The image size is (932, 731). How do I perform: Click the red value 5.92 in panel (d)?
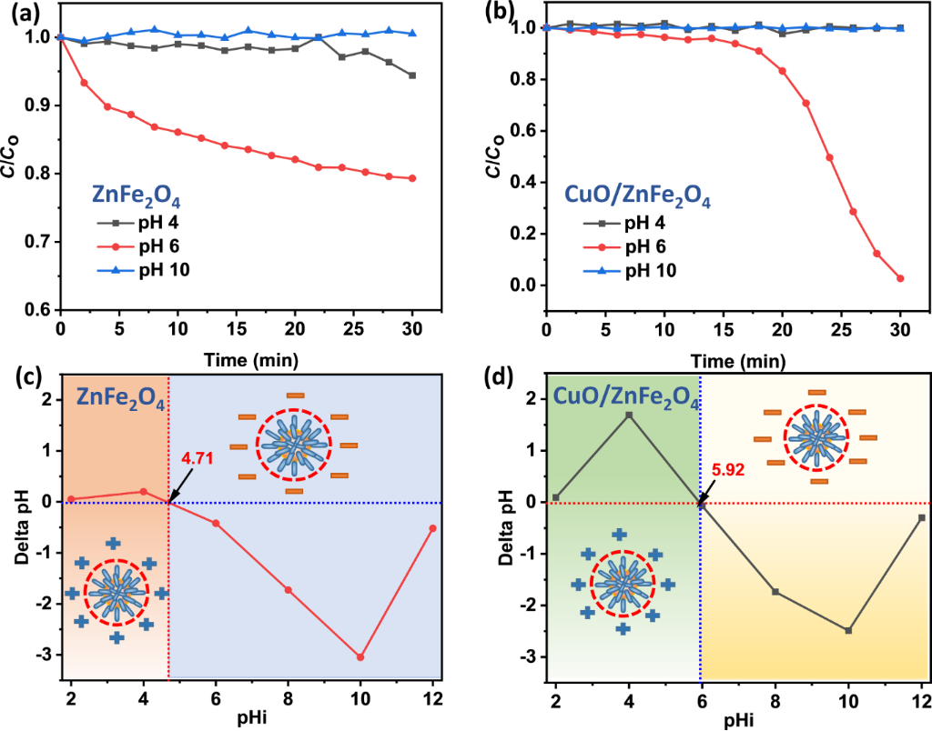coord(728,470)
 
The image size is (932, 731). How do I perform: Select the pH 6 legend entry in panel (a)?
coord(138,246)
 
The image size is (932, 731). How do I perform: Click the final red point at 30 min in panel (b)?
coord(900,278)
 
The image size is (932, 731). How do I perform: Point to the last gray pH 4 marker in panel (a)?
coord(412,75)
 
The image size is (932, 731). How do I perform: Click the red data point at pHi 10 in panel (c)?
coord(360,656)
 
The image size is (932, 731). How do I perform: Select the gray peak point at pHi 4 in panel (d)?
coord(629,416)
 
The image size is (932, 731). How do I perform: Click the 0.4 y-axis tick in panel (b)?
coord(525,183)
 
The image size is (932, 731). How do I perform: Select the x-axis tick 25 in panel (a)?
coord(354,328)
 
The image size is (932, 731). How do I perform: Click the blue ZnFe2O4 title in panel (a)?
coord(137,197)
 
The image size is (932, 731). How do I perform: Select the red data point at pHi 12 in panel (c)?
coord(432,528)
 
